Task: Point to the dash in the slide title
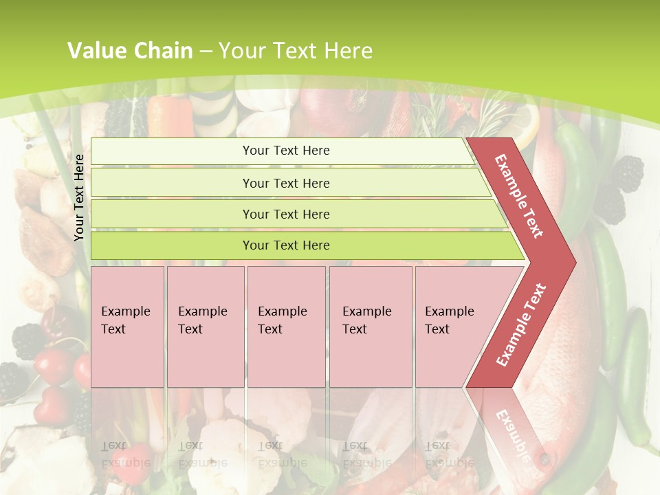(206, 51)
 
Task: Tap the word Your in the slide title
(239, 50)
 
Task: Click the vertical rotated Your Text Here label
(79, 197)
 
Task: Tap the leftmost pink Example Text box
(127, 327)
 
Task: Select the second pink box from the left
(206, 327)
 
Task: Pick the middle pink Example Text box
(286, 327)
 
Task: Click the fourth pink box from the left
(371, 327)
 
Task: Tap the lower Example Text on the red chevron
(521, 325)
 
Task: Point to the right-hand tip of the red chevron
(574, 263)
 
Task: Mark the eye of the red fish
(545, 457)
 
